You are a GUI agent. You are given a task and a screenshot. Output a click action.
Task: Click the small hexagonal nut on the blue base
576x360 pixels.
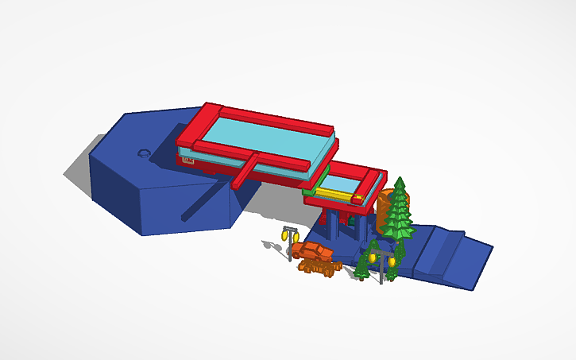(144, 153)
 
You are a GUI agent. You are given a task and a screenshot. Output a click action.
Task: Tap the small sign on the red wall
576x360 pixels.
(187, 161)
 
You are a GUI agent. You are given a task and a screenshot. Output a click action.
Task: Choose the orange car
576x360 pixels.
(312, 252)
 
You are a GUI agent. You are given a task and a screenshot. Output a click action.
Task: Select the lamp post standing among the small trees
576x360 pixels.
(382, 262)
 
